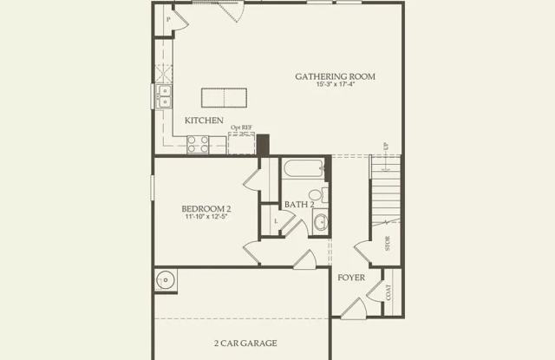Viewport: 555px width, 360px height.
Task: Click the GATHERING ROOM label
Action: coord(335,76)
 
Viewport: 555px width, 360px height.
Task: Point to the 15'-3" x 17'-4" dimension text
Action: coord(335,86)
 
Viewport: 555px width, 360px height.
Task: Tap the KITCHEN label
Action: coord(205,121)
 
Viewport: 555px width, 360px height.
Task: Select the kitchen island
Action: coord(225,96)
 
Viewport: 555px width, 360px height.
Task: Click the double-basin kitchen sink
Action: coord(164,96)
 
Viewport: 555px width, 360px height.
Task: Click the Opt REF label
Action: coord(241,128)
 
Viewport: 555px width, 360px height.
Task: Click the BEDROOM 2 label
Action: coord(206,208)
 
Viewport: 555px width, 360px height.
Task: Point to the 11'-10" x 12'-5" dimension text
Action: coord(206,218)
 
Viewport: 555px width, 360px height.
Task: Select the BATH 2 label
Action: coord(299,205)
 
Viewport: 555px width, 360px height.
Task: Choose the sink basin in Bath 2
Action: coord(320,222)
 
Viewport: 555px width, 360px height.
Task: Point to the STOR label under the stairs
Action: coord(388,242)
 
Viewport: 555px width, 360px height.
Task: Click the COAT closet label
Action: coord(388,291)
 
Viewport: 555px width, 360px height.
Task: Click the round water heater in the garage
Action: coord(166,280)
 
